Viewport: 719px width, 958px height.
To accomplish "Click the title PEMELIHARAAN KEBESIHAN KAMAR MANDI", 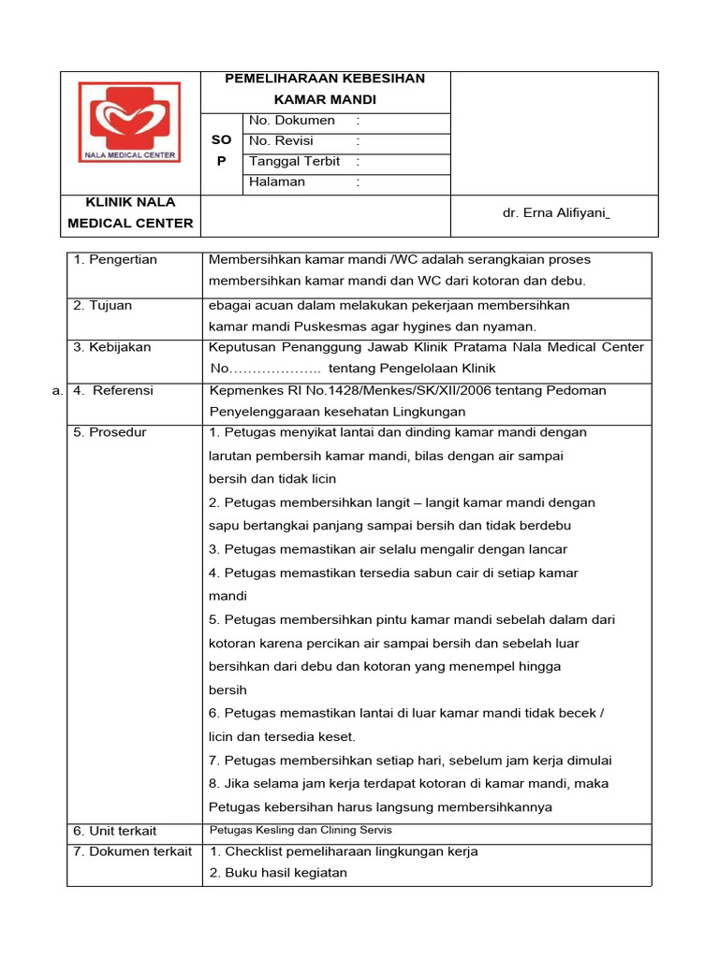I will pos(325,88).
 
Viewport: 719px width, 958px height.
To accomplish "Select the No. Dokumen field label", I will pos(291,121).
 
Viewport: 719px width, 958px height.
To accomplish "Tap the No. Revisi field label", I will pos(281,141).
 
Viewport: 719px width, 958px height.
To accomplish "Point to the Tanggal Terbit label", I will pos(294,162).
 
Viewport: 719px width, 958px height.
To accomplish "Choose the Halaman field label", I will pos(277,182).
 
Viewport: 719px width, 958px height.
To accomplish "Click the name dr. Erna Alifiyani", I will pos(556,213).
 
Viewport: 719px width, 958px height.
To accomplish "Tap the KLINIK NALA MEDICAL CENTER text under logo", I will pos(130,212).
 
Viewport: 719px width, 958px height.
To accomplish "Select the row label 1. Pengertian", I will pos(115,260).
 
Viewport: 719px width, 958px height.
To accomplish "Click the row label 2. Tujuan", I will pos(105,306).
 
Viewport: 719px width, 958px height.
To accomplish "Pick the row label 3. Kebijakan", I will pos(111,347).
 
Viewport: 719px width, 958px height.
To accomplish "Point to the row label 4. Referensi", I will pos(113,391).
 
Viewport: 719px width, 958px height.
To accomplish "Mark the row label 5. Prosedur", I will pos(110,433).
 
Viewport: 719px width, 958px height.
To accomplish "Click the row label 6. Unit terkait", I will pos(115,831).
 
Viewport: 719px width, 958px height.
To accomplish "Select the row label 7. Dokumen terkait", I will pos(132,851).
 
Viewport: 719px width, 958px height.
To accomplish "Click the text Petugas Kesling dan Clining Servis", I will pos(300,830).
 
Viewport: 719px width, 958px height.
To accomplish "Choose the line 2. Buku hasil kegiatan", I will pos(278,873).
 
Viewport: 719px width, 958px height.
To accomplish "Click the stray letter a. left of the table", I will pos(58,391).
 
